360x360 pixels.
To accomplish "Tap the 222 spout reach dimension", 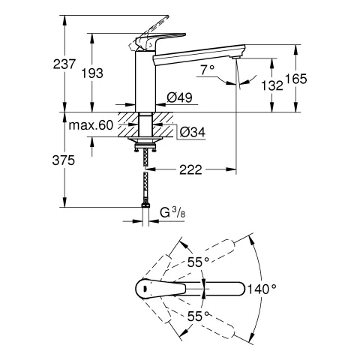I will [x=190, y=171].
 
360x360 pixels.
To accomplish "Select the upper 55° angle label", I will [x=197, y=262].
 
